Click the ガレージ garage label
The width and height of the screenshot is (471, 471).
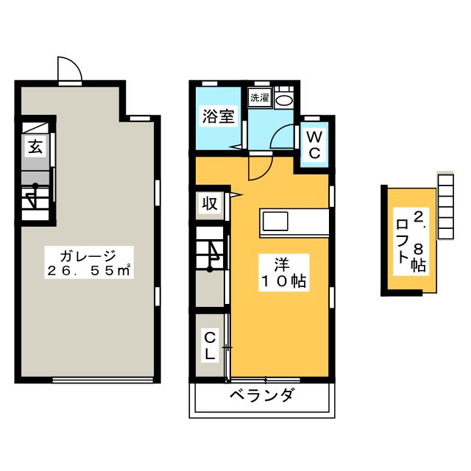[x=88, y=256]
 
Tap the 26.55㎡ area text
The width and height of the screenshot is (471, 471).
[x=89, y=271]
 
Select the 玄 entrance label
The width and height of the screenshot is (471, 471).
[x=35, y=147]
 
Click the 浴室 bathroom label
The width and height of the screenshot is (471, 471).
[x=218, y=116]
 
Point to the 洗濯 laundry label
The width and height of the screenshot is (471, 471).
[x=260, y=97]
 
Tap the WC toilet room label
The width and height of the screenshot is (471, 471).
[x=314, y=145]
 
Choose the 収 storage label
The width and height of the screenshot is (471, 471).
[x=209, y=204]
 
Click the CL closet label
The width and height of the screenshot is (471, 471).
[x=209, y=347]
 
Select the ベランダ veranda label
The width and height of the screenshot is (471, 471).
[x=261, y=394]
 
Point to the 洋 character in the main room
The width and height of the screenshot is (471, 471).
[x=282, y=264]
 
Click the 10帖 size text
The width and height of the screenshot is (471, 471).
[x=284, y=281]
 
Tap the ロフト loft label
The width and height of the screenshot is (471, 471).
[x=402, y=241]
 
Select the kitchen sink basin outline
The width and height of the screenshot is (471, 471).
[x=275, y=221]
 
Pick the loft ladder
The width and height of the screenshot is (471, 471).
[x=445, y=207]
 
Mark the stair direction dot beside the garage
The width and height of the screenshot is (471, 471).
[x=35, y=185]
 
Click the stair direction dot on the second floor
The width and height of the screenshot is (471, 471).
[x=210, y=269]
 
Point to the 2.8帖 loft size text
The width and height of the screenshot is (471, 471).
[x=419, y=241]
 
